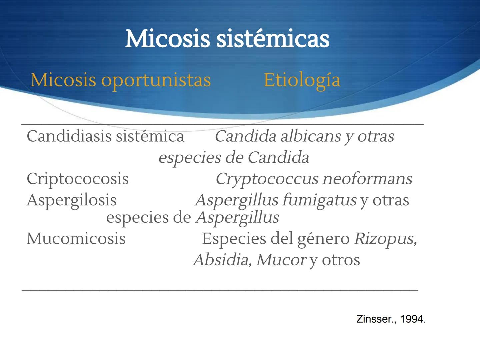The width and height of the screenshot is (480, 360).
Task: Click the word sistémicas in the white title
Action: (273, 39)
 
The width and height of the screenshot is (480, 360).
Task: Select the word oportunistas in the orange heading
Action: (156, 80)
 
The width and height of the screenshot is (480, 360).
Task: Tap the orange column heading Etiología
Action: (302, 80)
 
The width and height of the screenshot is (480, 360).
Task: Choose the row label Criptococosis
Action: (77, 179)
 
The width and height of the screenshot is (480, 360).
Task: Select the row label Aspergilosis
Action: (71, 200)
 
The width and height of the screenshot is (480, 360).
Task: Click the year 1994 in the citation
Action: (411, 319)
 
